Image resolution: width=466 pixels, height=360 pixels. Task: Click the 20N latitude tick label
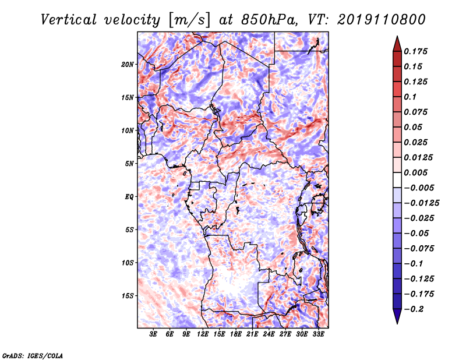pyautogui.click(x=128, y=65)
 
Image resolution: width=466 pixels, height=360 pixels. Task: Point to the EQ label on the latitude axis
pyautogui.click(x=129, y=197)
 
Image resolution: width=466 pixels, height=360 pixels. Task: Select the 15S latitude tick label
pyautogui.click(x=128, y=296)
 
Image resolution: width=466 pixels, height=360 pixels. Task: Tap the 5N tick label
pyautogui.click(x=129, y=164)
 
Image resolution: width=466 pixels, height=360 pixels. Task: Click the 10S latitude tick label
pyautogui.click(x=128, y=263)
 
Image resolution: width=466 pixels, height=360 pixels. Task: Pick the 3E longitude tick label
pyautogui.click(x=153, y=334)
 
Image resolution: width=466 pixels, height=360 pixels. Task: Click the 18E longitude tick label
pyautogui.click(x=236, y=334)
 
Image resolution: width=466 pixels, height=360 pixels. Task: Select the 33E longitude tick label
pyautogui.click(x=318, y=334)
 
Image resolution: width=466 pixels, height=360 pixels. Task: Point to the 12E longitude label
pyautogui.click(x=203, y=334)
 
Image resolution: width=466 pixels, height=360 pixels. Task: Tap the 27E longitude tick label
pyautogui.click(x=285, y=334)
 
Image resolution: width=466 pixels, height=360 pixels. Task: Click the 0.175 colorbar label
pyautogui.click(x=415, y=51)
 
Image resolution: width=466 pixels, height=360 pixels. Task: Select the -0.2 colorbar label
pyautogui.click(x=414, y=309)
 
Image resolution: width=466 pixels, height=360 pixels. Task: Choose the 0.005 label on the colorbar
pyautogui.click(x=415, y=172)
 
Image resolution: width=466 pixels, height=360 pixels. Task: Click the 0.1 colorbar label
pyautogui.click(x=410, y=97)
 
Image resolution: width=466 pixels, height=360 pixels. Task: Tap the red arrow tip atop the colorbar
pyautogui.click(x=397, y=36)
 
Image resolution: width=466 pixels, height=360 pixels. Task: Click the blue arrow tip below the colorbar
pyautogui.click(x=397, y=323)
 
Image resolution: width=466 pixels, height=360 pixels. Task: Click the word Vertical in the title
pyautogui.click(x=69, y=20)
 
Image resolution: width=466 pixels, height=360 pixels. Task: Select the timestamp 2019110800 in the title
pyautogui.click(x=382, y=20)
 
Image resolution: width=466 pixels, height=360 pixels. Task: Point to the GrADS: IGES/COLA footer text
pyautogui.click(x=33, y=355)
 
